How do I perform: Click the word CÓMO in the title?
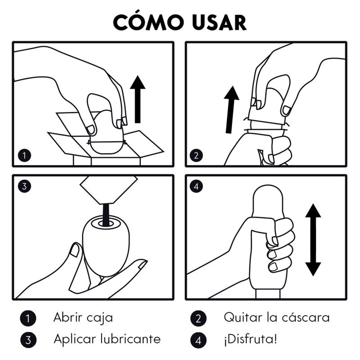pos(148,22)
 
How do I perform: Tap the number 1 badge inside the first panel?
pos(25,156)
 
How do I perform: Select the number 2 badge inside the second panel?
pos(196,156)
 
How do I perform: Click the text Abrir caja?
pos(83,317)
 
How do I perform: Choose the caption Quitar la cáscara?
pos(276,317)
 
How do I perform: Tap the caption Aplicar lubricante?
pos(107,339)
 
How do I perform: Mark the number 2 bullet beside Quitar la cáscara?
pos(198,318)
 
